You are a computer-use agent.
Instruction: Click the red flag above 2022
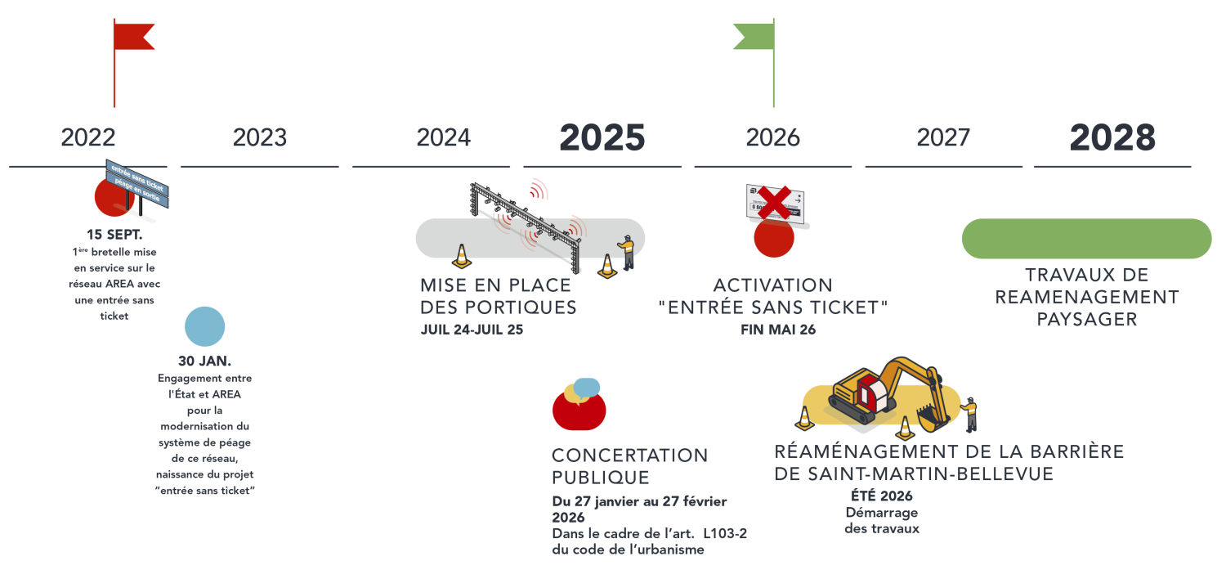pyautogui.click(x=132, y=36)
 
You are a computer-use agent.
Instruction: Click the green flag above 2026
pyautogui.click(x=754, y=35)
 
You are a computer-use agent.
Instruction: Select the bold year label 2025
pyautogui.click(x=602, y=137)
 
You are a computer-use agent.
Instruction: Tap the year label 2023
pyautogui.click(x=260, y=137)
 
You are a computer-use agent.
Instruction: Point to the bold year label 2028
pyautogui.click(x=1113, y=137)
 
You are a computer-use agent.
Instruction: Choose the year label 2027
pyautogui.click(x=943, y=137)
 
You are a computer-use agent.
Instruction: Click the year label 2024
pyautogui.click(x=444, y=137)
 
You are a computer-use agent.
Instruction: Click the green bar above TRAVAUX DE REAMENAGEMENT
pyautogui.click(x=1086, y=238)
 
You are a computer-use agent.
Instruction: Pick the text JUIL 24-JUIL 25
pyautogui.click(x=472, y=330)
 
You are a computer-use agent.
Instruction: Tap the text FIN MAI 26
pyautogui.click(x=772, y=330)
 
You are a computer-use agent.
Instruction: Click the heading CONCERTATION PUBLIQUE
pyautogui.click(x=629, y=466)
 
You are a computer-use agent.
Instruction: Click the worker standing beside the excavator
pyautogui.click(x=970, y=414)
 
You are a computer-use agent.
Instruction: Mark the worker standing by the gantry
pyautogui.click(x=626, y=252)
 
